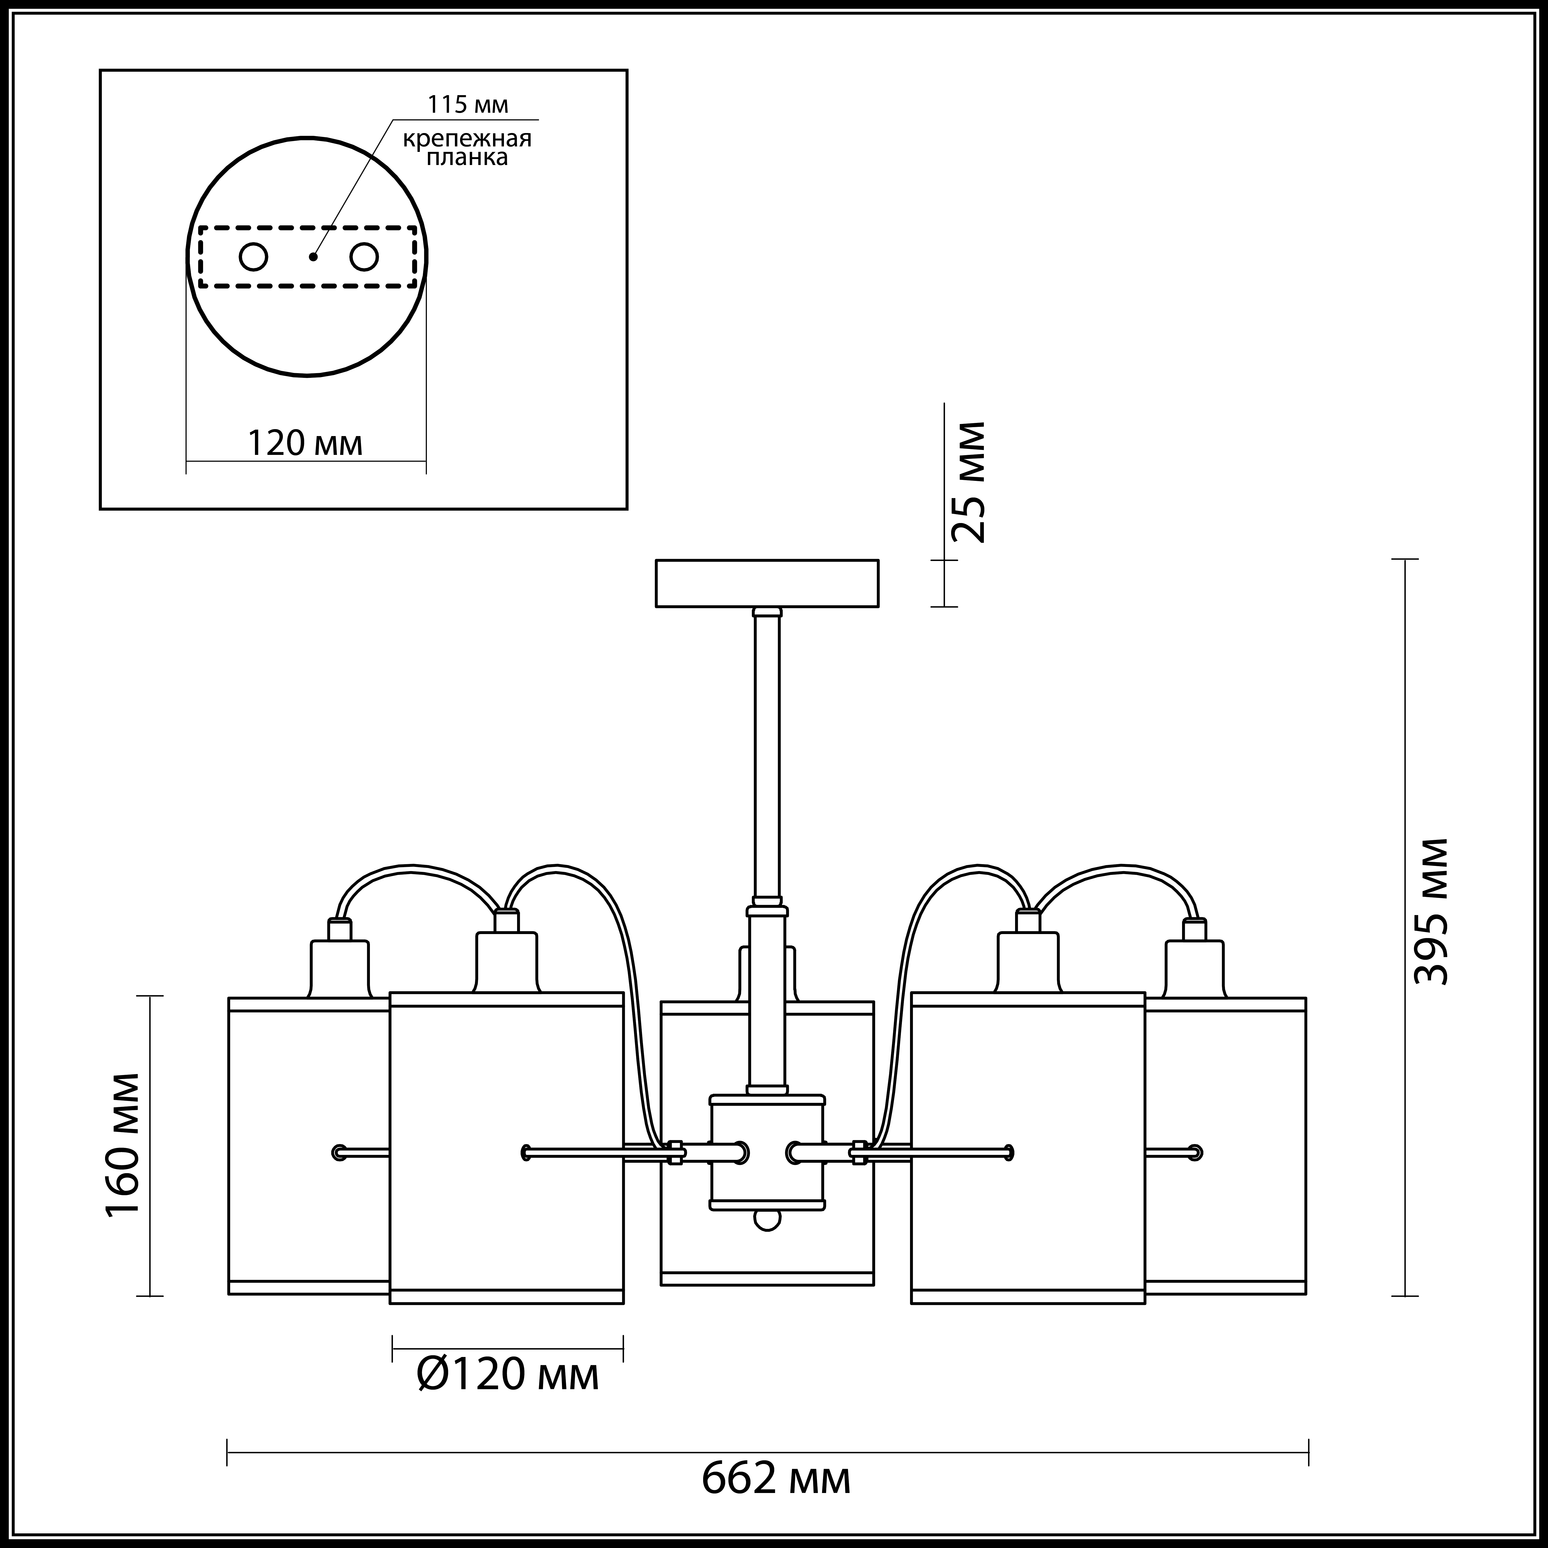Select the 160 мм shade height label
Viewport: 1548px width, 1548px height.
pyautogui.click(x=123, y=1144)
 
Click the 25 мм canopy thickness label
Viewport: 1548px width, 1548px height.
pyautogui.click(x=967, y=482)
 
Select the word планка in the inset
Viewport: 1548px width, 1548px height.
pyautogui.click(x=467, y=158)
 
